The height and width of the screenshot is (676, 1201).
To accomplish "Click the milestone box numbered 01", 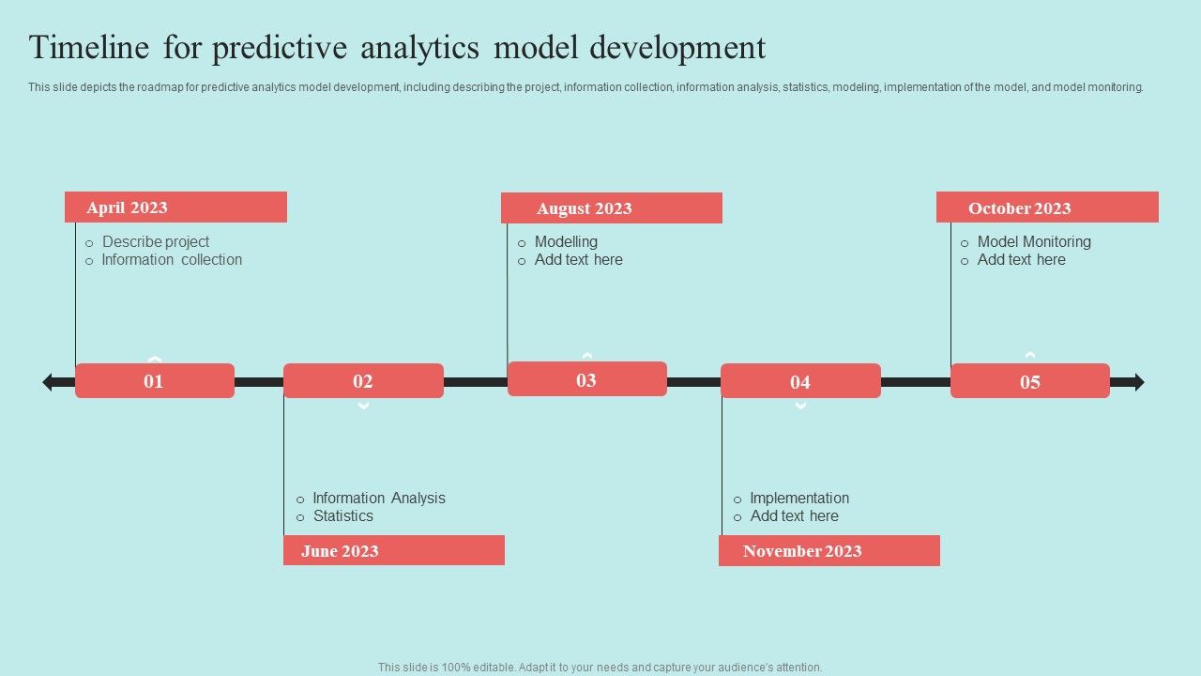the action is coord(155,381).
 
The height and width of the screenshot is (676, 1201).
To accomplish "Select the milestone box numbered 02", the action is coord(363,381).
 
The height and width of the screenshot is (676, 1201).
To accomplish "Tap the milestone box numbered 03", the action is coord(587,379).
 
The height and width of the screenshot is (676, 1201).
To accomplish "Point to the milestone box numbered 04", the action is coord(801,381).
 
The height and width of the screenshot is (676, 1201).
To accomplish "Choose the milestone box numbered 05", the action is coord(1030,381).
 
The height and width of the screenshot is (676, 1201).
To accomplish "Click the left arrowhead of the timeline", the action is coord(48,382).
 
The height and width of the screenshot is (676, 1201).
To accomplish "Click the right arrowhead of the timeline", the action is coord(1139,382).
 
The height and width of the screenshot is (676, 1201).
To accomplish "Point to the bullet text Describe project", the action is coord(156,242).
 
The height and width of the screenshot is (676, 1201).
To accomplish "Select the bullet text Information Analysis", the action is coord(379,498).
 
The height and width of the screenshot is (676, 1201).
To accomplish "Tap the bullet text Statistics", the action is coord(343,516).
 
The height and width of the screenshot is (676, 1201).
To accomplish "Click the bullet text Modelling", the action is coord(566,242).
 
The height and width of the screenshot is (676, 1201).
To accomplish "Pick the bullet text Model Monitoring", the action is coord(1034,242).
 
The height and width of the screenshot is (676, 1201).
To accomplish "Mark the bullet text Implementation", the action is coord(799,498).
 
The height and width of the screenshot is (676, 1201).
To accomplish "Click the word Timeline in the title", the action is coord(89,47).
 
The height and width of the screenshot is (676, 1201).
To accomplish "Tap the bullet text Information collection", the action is coord(172,260).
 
